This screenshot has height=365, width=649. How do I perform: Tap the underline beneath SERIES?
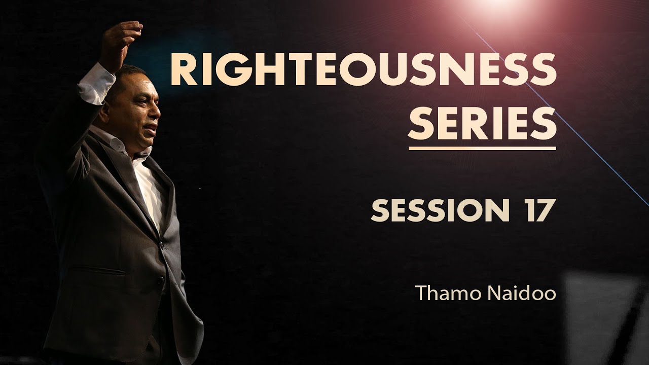pyautogui.click(x=482, y=148)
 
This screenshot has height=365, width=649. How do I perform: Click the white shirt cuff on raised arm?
pyautogui.click(x=96, y=84)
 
